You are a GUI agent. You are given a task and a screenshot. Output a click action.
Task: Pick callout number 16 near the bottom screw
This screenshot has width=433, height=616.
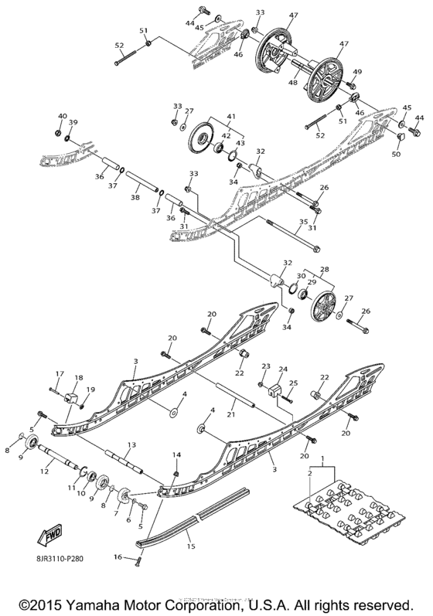pos(119,556)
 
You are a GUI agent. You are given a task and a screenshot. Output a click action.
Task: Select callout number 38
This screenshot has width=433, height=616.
pos(135,197)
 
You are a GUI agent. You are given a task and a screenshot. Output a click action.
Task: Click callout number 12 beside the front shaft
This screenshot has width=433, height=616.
pos(44,471)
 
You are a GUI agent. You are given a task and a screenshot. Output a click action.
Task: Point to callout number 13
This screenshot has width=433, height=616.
pos(131,444)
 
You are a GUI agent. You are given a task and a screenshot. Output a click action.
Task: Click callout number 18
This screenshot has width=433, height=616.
pos(79,377)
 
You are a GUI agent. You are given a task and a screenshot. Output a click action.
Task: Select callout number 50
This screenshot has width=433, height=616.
pos(396,155)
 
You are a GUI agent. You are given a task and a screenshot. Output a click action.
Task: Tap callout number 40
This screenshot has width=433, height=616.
pos(63,116)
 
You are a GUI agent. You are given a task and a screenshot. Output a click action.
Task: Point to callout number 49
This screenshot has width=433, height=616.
pos(357,72)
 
